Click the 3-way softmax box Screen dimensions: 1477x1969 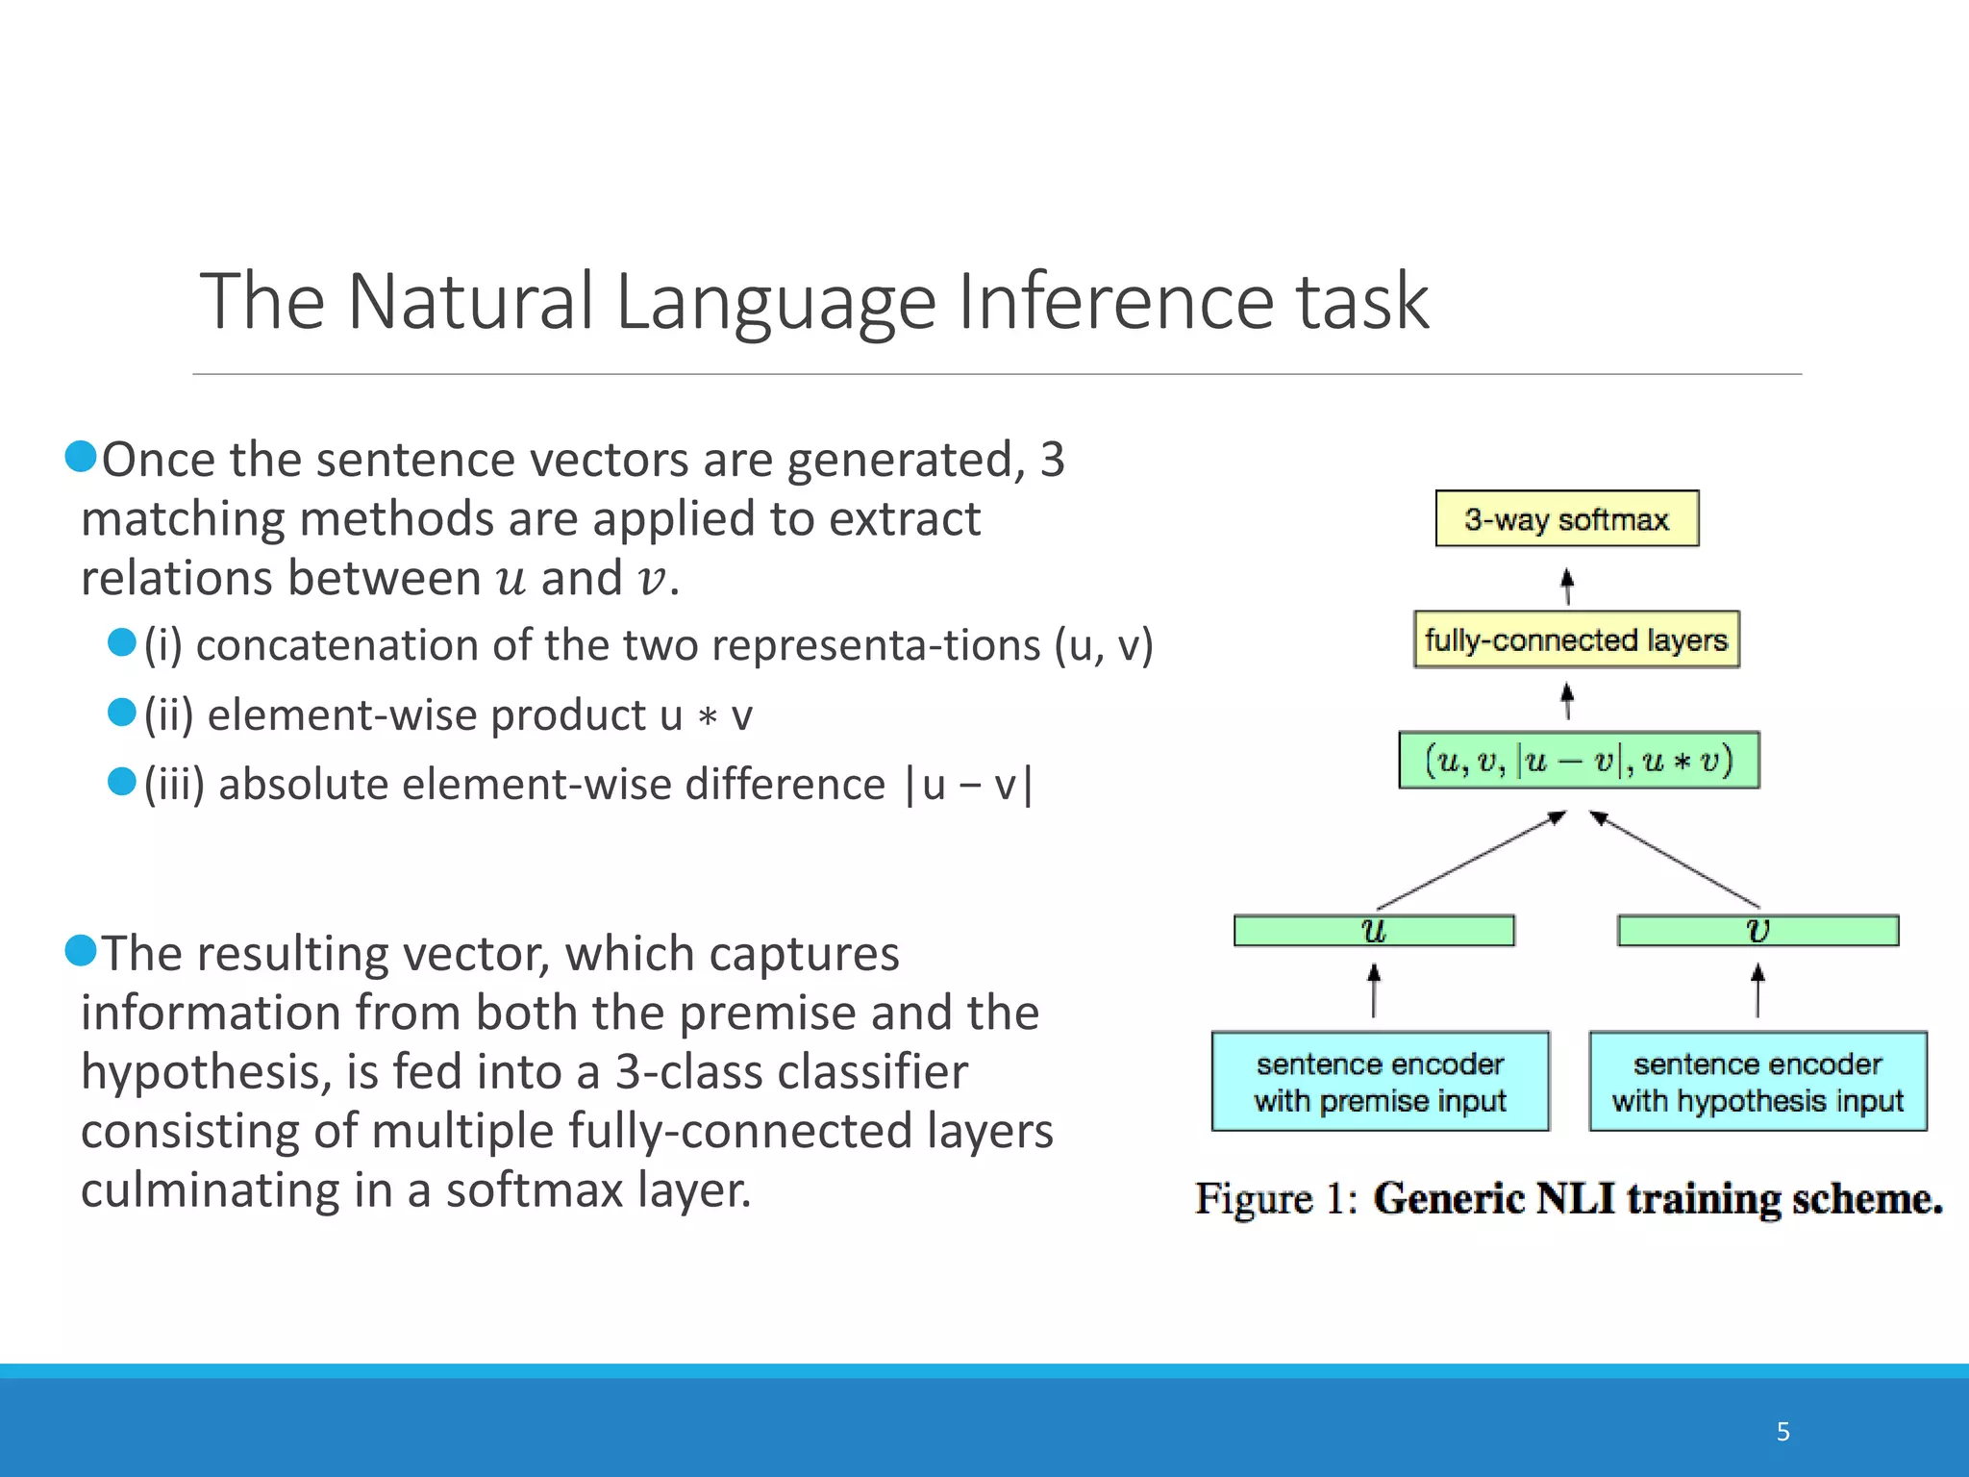tap(1566, 519)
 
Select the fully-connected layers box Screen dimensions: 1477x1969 tap(1576, 639)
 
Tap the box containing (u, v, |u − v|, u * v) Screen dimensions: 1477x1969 tap(1579, 761)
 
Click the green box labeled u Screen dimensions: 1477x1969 tap(1374, 931)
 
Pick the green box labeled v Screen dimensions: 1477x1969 tap(1757, 931)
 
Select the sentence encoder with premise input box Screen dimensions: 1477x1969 tap(1380, 1082)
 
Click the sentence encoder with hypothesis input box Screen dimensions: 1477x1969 tap(1757, 1082)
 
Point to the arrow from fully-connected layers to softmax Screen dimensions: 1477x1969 tap(1567, 586)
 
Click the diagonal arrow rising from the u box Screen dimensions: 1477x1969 tap(1471, 861)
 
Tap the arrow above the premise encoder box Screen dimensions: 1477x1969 tap(1374, 990)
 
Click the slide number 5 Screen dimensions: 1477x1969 tap(1782, 1432)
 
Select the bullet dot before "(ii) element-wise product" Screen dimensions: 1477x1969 tap(122, 713)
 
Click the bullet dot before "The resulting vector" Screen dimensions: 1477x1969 tap(81, 951)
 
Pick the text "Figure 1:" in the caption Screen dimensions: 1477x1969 tap(1275, 1199)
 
